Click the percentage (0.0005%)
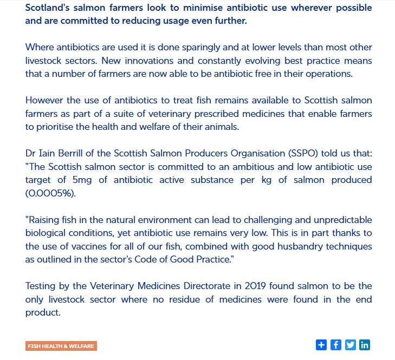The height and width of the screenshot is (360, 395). pos(50,193)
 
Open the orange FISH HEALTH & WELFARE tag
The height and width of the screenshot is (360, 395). pos(61,346)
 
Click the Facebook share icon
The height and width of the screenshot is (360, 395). pos(336,345)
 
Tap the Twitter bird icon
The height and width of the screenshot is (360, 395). pos(351,345)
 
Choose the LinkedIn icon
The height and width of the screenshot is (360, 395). pos(365,345)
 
